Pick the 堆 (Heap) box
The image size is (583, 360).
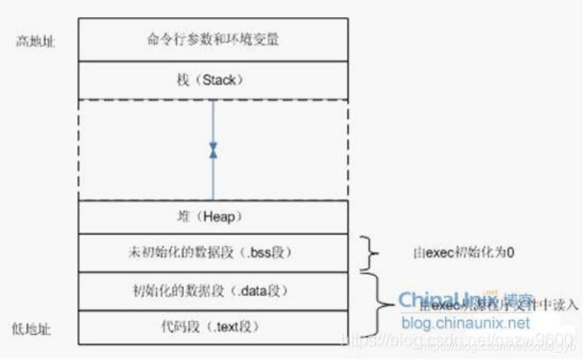pyautogui.click(x=212, y=216)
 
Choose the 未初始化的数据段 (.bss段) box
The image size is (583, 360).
pyautogui.click(x=212, y=252)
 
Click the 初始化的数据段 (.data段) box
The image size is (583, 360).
pyautogui.click(x=212, y=289)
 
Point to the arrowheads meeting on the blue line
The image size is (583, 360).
pyautogui.click(x=214, y=149)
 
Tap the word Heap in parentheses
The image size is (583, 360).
pyautogui.click(x=220, y=216)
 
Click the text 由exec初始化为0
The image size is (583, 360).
pyautogui.click(x=464, y=253)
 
